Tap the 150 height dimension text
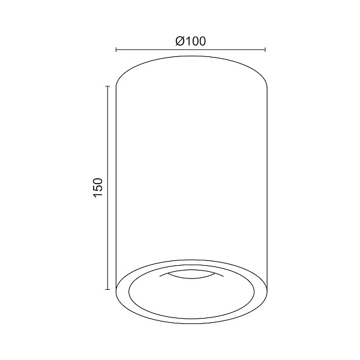[x=99, y=187]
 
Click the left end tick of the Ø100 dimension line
[x=115, y=51]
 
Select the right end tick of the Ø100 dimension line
[x=266, y=51]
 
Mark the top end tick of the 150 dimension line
[x=107, y=86]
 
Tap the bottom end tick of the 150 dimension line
[x=107, y=290]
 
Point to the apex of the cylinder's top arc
[x=191, y=56]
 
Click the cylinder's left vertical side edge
[x=115, y=180]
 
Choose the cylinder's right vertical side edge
[x=266, y=180]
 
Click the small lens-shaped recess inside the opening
[x=190, y=275]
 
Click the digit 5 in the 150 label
[x=99, y=187]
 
